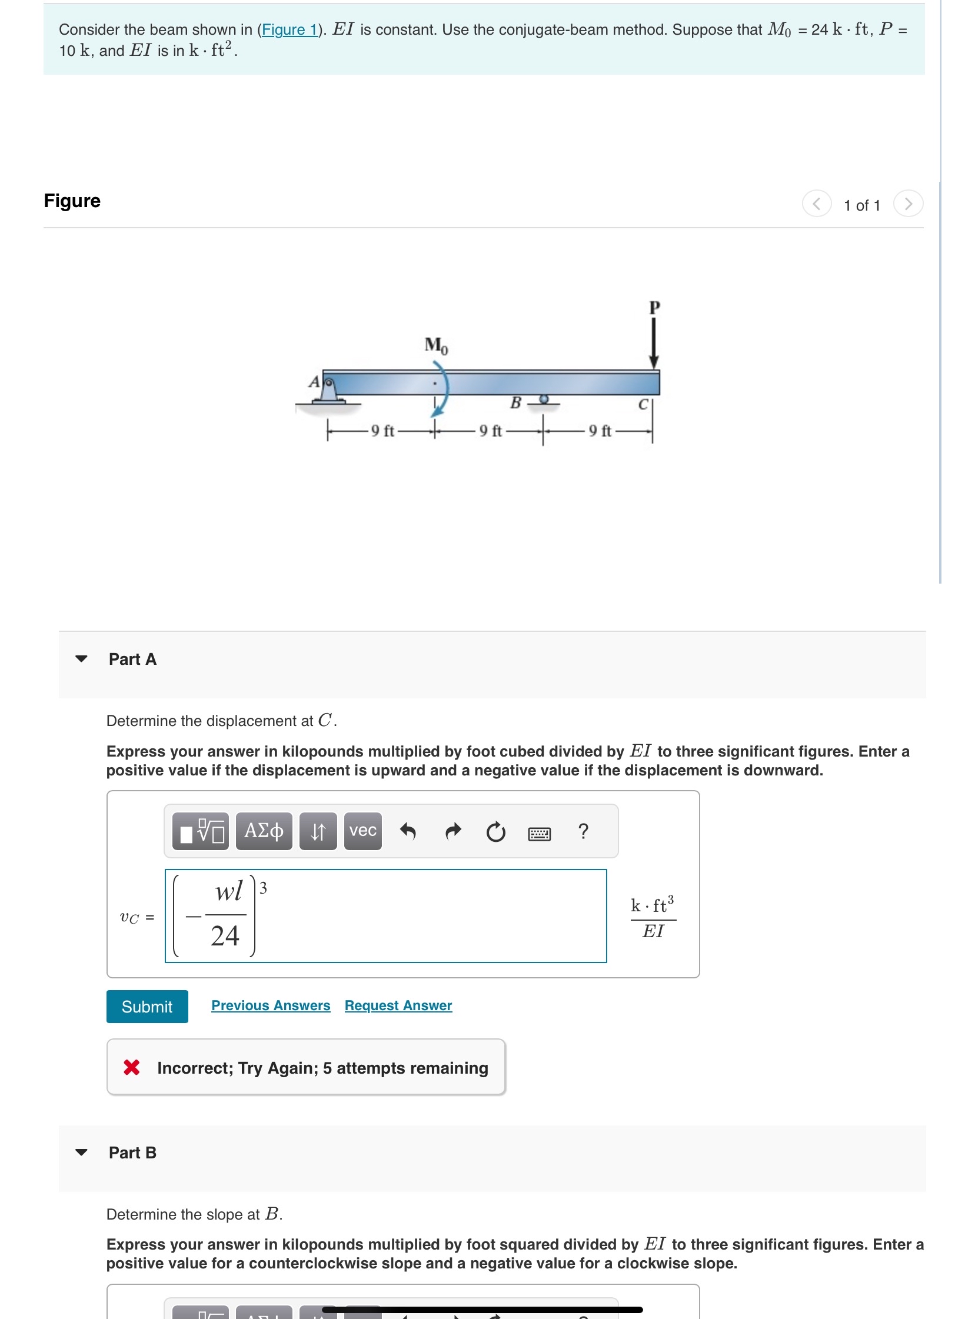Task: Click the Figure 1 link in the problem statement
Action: point(289,29)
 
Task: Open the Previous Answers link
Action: point(271,1005)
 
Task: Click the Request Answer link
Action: point(398,1005)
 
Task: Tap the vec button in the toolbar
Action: point(362,831)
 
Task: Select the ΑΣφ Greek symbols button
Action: point(264,831)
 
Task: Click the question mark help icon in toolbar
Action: point(583,831)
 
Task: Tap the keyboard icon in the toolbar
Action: point(539,833)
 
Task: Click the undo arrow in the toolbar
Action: point(408,831)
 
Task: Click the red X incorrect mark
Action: point(132,1067)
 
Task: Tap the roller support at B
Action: point(544,399)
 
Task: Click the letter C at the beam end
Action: point(643,405)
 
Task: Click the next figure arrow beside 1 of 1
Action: point(908,204)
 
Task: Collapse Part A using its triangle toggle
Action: point(82,659)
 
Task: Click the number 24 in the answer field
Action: point(225,935)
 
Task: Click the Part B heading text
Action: point(132,1153)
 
